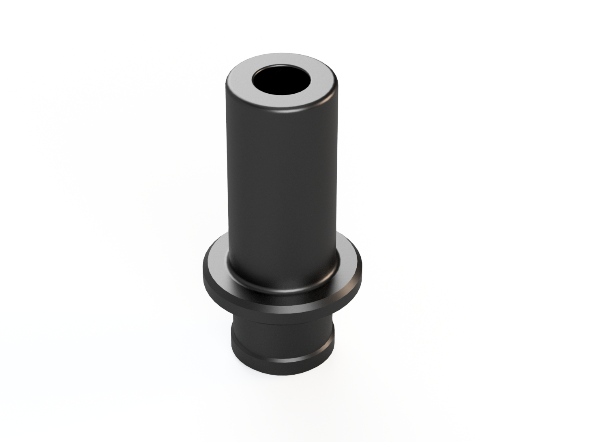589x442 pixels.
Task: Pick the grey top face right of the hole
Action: pyautogui.click(x=322, y=83)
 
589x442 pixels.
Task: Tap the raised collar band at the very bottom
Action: pyautogui.click(x=281, y=365)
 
